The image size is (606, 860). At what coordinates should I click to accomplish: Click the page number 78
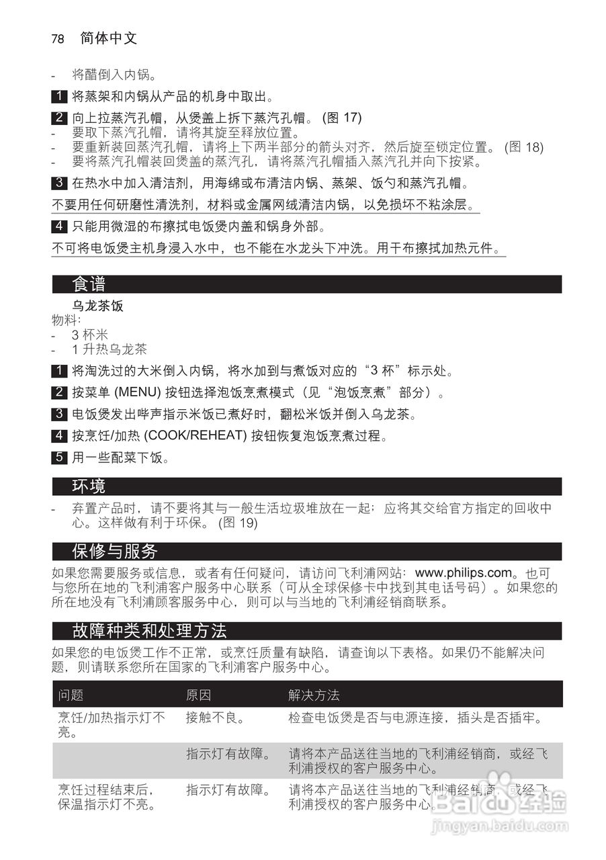tap(58, 39)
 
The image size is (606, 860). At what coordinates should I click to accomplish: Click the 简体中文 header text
tap(108, 38)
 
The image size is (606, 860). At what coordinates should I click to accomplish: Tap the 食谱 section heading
tap(89, 284)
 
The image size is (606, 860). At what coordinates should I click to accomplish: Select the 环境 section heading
tap(89, 486)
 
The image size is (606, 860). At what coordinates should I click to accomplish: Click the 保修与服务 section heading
tap(114, 552)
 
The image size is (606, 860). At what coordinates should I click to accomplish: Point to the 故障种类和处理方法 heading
tap(149, 631)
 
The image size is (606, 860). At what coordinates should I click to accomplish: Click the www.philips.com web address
tap(464, 573)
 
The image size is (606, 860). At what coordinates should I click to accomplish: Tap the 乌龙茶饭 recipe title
tap(97, 306)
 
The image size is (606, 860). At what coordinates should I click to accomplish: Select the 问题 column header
tap(71, 695)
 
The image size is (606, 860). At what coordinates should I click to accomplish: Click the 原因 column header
tap(198, 695)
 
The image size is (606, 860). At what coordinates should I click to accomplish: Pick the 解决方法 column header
tap(314, 695)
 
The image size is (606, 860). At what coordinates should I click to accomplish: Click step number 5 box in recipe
tap(59, 458)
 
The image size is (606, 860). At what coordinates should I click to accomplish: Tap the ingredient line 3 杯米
tap(90, 335)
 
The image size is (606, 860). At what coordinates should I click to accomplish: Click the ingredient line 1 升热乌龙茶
tap(109, 349)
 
